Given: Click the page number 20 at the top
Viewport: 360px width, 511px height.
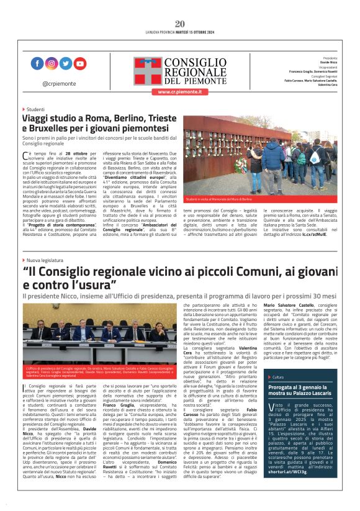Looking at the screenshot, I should pos(180,24).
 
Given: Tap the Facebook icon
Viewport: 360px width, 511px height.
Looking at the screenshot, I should pos(38,63).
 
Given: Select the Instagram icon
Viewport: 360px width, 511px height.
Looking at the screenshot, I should pos(52,63).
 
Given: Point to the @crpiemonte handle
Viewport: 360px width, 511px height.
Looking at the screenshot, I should pos(59,83).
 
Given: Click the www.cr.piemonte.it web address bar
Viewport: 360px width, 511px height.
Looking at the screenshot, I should pos(180,91).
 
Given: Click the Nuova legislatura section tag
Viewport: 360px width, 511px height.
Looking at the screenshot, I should pos(45,260).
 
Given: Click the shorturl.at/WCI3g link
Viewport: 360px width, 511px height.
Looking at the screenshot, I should pos(290,488).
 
